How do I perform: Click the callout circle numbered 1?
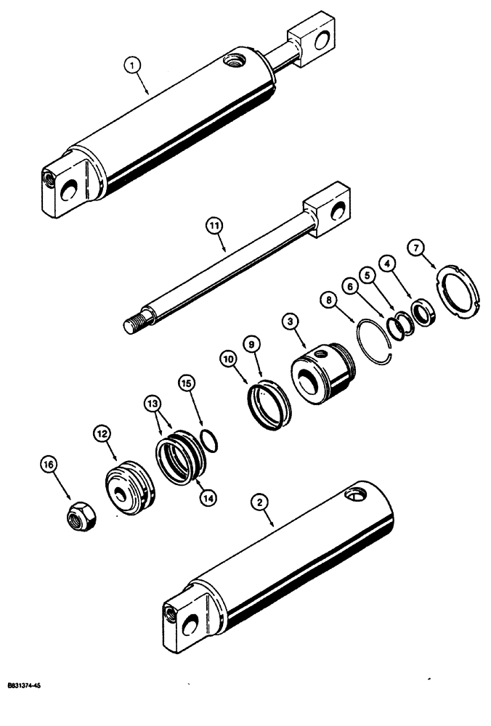[x=131, y=65]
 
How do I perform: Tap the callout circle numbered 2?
[x=257, y=500]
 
